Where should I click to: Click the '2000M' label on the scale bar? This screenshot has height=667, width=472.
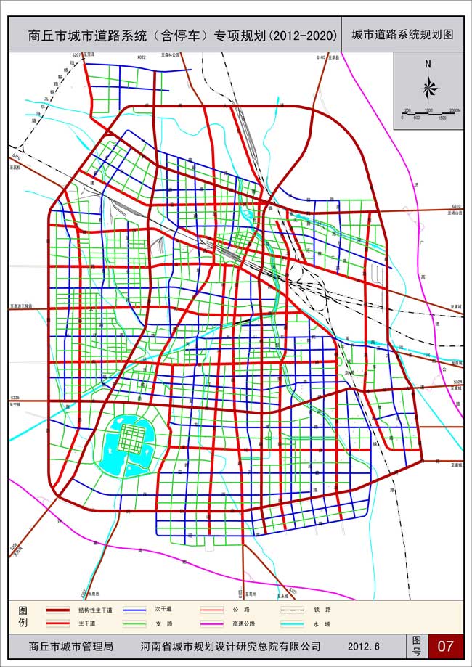455,110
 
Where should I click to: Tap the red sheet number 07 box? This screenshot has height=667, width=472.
445,645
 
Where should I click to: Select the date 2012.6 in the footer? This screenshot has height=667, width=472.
364,645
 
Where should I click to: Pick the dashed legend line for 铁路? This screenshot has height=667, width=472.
291,610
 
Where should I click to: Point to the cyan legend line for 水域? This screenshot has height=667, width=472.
291,623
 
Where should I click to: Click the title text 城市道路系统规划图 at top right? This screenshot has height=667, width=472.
402,34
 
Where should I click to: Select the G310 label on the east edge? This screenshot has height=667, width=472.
455,206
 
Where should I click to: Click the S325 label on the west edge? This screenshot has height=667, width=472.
15,398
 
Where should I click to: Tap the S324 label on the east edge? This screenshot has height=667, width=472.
455,382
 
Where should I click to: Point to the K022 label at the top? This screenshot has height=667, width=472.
141,56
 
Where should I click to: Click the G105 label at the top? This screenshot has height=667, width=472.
322,56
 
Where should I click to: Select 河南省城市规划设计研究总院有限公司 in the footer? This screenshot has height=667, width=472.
230,645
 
